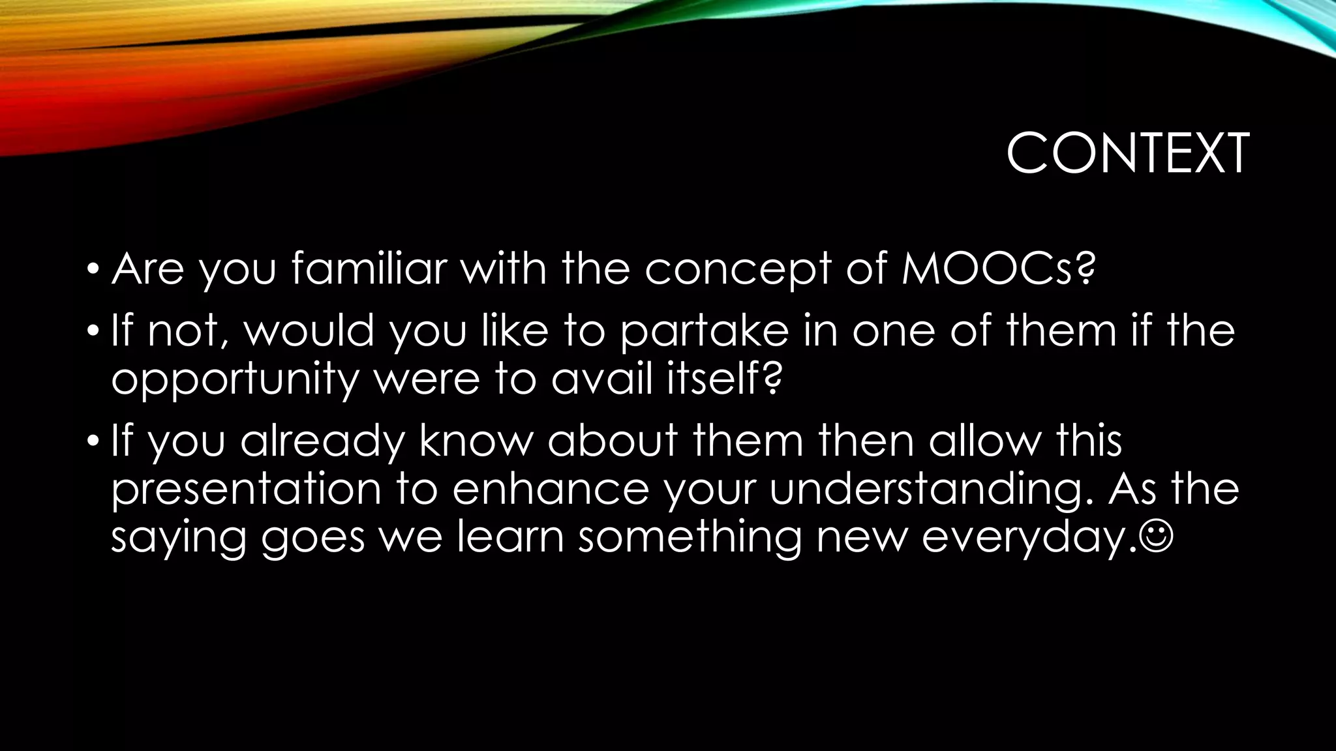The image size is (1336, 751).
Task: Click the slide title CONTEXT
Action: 1127,154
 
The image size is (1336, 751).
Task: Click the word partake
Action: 704,331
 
